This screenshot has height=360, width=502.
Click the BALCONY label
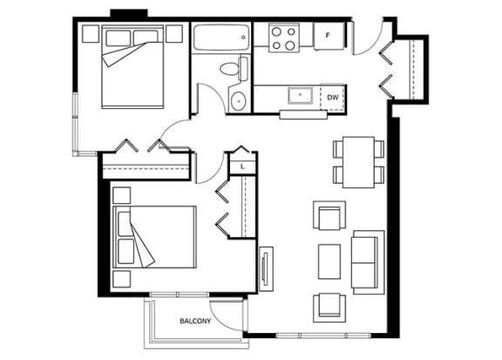coord(195,321)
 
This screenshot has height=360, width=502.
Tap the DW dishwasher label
coord(333,98)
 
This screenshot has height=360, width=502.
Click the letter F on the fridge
coord(328,35)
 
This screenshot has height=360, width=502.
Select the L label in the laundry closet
coord(242,166)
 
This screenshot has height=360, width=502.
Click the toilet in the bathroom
coord(234,69)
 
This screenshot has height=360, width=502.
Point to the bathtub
coord(221,37)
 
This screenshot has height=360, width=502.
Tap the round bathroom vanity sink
coord(239,101)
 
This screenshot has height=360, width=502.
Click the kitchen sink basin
coord(300,95)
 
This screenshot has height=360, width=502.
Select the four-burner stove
coord(284,37)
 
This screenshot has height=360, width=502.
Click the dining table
coord(358,162)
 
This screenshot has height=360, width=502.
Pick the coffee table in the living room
coord(329,262)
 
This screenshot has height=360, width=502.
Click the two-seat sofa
coord(368,262)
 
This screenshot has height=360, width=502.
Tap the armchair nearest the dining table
coord(329,215)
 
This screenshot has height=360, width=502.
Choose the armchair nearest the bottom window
coord(329,308)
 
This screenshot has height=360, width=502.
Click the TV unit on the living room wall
coord(266,268)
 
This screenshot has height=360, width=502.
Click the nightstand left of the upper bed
coord(91,34)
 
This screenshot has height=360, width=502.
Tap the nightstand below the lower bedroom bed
coord(122,279)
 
